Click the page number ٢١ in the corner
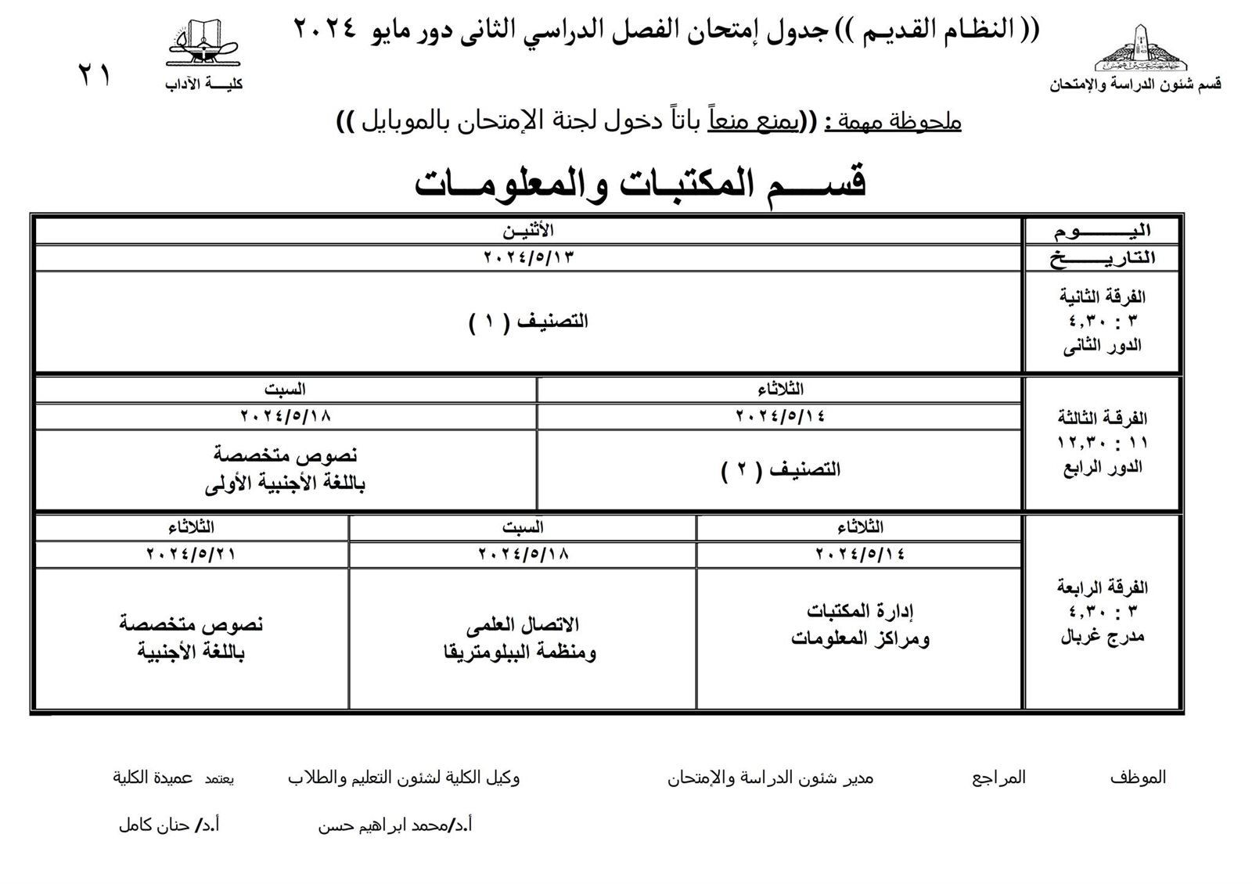click(95, 76)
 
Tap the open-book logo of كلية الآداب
click(202, 45)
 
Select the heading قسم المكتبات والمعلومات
click(640, 184)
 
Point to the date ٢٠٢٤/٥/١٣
click(528, 257)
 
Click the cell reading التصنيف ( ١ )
click(528, 322)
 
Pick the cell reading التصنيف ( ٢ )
click(780, 469)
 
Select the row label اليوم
click(1102, 232)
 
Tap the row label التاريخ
click(1102, 258)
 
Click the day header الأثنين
click(528, 231)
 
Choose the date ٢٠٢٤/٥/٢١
click(191, 554)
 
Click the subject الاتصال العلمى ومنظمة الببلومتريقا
click(521, 638)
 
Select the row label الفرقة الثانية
click(1102, 297)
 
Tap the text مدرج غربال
click(1102, 637)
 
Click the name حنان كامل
click(154, 825)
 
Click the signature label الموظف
click(1138, 778)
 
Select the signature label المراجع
click(998, 778)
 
